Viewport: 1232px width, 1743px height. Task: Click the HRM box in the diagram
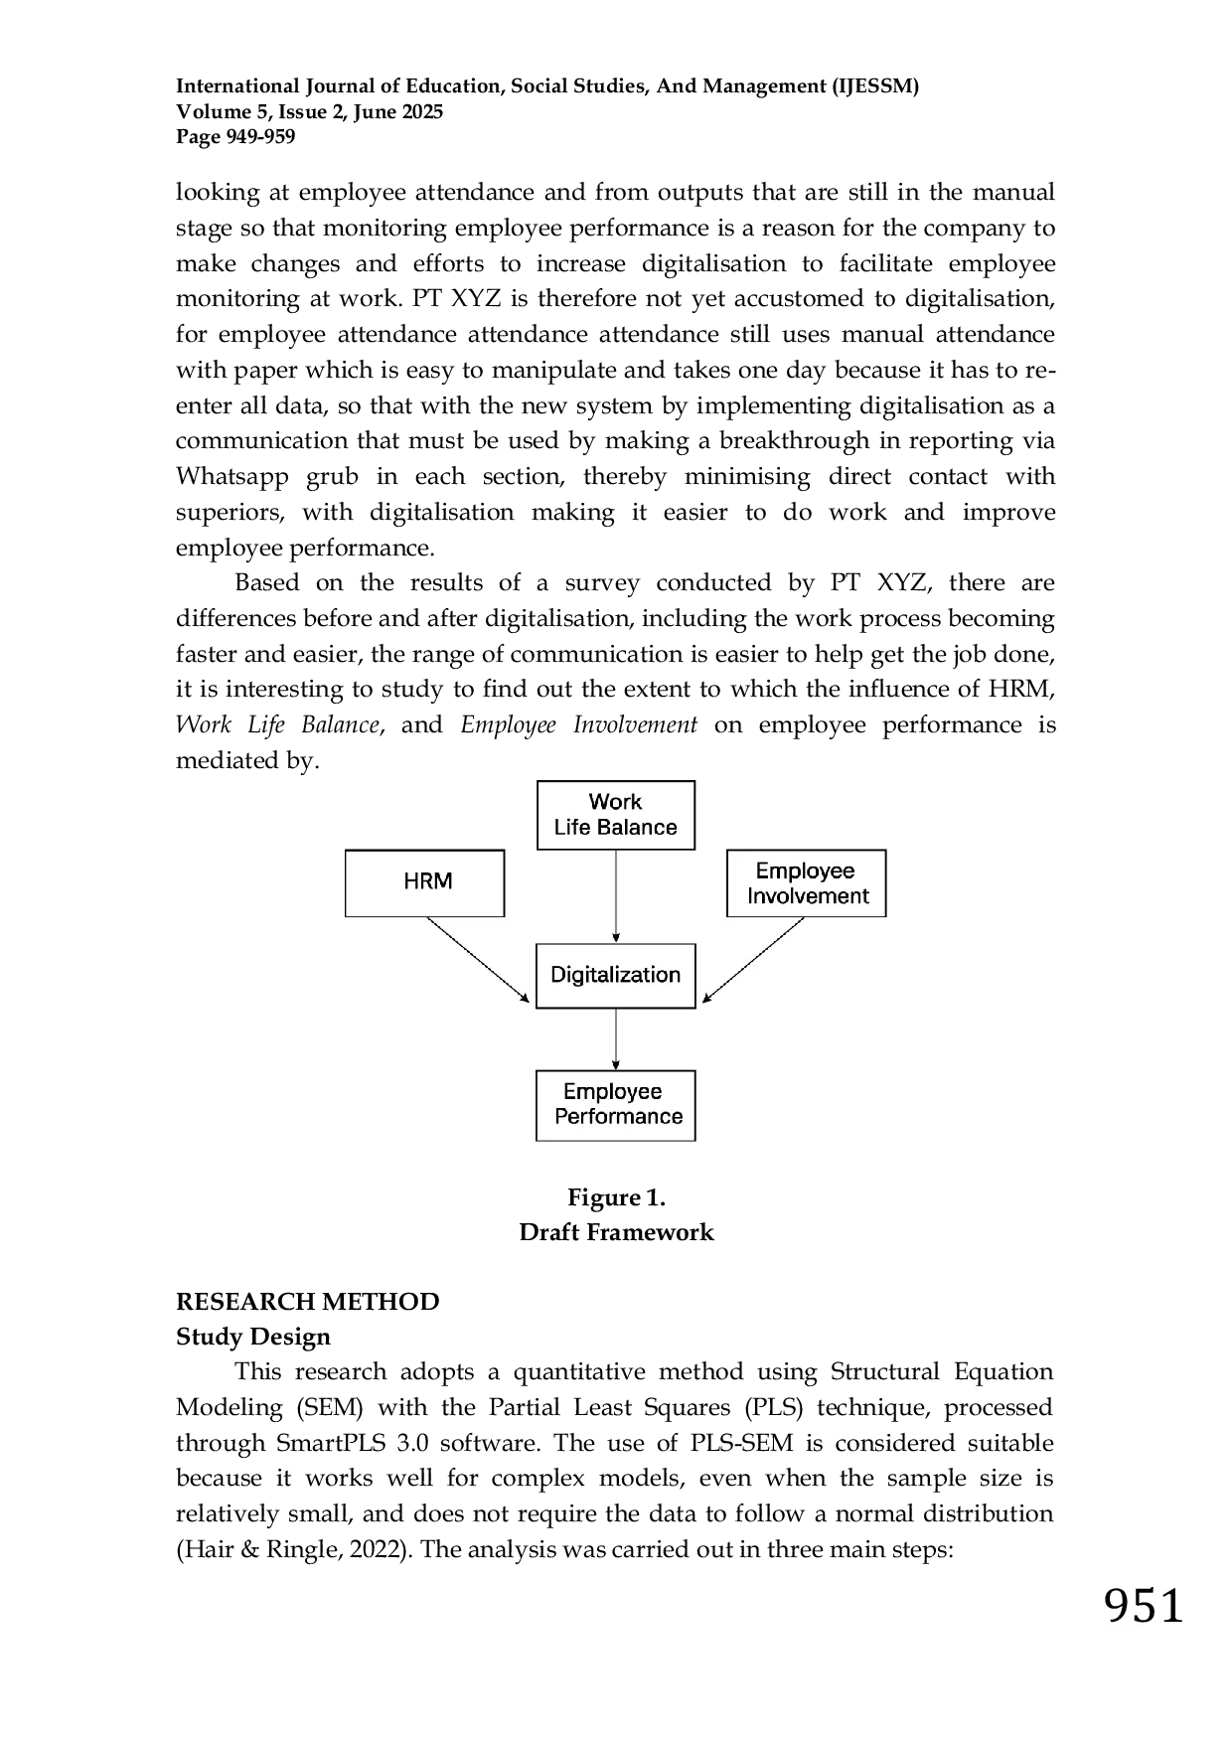click(424, 882)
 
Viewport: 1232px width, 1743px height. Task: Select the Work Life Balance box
click(616, 815)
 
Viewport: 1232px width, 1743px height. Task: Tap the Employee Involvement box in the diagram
click(806, 882)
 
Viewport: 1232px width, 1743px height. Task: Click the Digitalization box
click(616, 976)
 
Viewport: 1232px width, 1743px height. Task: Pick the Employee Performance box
click(616, 1105)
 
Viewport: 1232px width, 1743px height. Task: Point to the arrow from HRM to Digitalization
click(478, 959)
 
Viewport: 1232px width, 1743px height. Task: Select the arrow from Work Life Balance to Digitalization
click(616, 896)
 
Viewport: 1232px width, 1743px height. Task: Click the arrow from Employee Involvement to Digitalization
click(753, 960)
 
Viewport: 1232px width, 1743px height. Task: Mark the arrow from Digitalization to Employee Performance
click(616, 1039)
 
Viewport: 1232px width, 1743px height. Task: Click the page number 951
click(1145, 1606)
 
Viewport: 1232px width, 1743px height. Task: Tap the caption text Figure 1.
click(616, 1197)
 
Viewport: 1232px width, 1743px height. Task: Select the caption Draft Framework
click(616, 1232)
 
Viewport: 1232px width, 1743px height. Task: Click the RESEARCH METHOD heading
click(308, 1302)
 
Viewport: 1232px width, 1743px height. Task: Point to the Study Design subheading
click(253, 1337)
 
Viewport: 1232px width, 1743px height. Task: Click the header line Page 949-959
click(235, 137)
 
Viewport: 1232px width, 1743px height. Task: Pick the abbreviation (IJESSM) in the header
click(874, 86)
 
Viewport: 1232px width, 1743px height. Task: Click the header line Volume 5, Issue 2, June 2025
click(310, 111)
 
